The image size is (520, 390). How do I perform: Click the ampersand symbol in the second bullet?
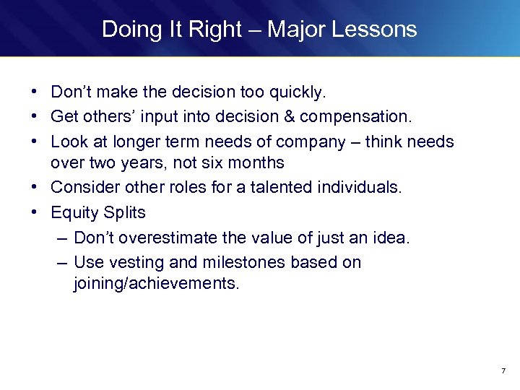click(x=286, y=116)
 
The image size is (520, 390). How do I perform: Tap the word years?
click(x=136, y=163)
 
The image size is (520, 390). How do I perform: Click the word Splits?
click(x=123, y=212)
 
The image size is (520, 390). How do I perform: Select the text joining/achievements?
click(x=155, y=284)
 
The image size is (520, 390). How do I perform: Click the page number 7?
click(x=503, y=371)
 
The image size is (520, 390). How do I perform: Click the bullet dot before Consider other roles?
click(x=34, y=188)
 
